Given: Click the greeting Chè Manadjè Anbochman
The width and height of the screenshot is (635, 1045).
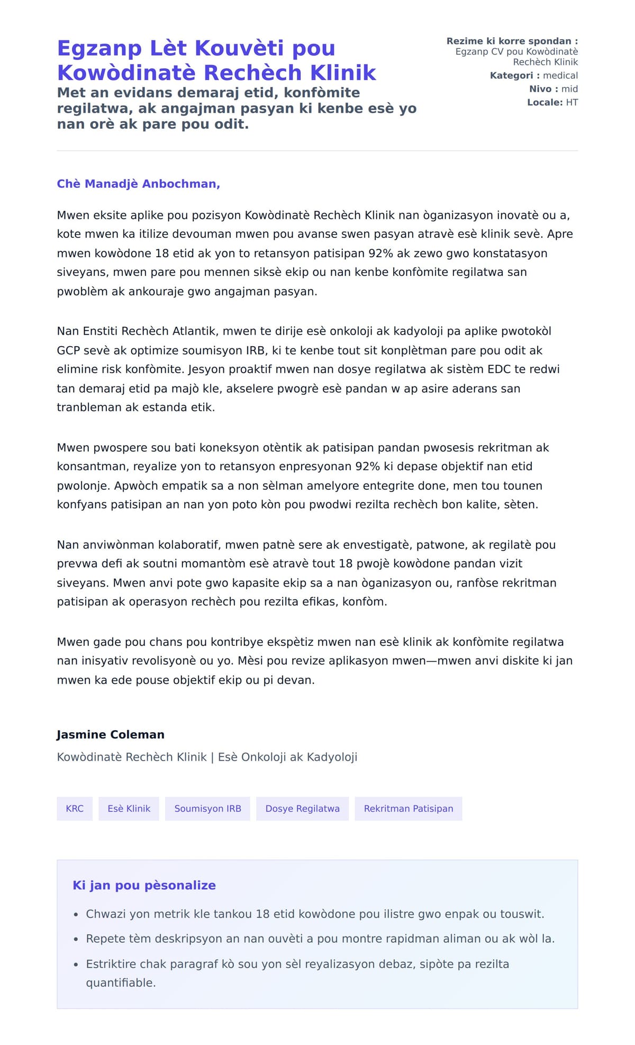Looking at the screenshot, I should tap(138, 184).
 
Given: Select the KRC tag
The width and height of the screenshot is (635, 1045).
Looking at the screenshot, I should tap(75, 808).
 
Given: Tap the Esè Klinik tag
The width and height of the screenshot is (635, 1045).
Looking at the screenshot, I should tap(129, 808).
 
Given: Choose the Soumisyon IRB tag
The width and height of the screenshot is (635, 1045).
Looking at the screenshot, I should tap(207, 808).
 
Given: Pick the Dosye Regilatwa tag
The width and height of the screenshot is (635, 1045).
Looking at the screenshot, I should tap(302, 808).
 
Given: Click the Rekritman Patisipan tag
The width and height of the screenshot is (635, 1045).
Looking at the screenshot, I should tap(408, 808).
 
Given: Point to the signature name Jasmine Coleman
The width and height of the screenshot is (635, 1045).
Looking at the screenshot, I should tap(111, 734).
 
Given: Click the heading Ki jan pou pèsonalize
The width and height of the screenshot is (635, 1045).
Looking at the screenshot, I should tap(144, 885).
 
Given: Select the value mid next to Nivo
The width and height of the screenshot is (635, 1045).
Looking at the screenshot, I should tap(569, 89).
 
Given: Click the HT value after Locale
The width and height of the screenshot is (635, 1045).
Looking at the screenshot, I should tap(571, 102).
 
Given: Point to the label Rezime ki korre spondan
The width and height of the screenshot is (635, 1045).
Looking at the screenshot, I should tap(512, 41).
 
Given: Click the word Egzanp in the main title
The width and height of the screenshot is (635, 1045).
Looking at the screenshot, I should tap(99, 48).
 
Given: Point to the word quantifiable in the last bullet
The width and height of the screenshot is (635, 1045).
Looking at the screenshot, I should tap(121, 983).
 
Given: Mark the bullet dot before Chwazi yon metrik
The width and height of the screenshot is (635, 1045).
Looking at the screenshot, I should tap(76, 914).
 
